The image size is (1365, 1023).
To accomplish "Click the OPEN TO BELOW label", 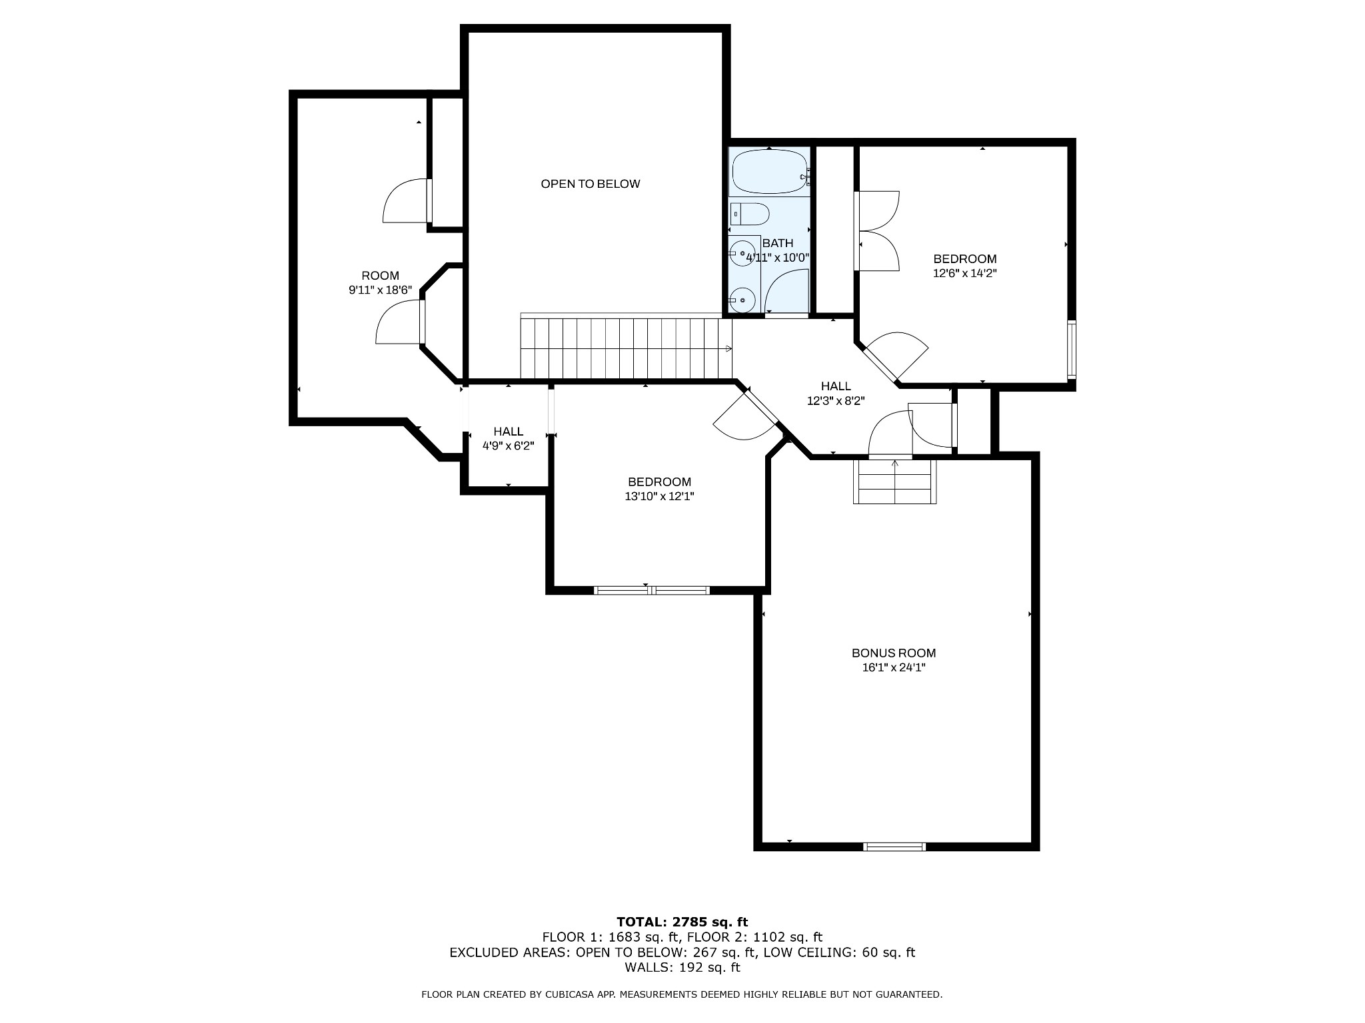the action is tap(590, 184).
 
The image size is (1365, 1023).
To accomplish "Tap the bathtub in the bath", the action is tap(770, 172).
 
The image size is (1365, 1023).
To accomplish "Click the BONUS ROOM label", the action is tap(894, 653).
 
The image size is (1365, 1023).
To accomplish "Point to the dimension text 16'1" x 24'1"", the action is tap(894, 668).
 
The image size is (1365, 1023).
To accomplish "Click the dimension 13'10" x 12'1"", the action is tap(659, 496).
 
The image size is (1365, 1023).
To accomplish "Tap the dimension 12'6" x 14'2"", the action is tap(964, 273).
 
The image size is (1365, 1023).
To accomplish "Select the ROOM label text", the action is tap(381, 276).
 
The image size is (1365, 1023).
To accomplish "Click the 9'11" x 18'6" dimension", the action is tap(381, 290).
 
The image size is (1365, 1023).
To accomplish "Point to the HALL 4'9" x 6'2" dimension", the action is tap(509, 446).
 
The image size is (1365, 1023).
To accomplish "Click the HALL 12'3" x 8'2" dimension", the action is tap(836, 400).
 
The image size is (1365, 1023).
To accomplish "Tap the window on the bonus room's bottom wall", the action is tap(894, 847).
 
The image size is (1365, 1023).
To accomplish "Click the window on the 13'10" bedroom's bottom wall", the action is tap(651, 589).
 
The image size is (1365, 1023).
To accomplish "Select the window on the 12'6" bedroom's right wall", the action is tap(1072, 350).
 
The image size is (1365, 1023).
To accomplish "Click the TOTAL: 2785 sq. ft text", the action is tap(682, 922).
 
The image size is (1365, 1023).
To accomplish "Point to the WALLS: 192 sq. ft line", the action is tap(682, 968).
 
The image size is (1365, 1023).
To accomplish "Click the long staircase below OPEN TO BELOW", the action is tap(626, 348).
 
